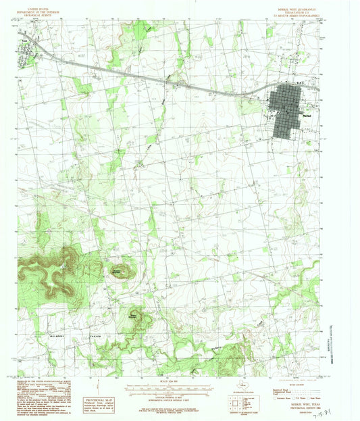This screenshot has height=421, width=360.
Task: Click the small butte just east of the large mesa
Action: (x=118, y=270)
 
